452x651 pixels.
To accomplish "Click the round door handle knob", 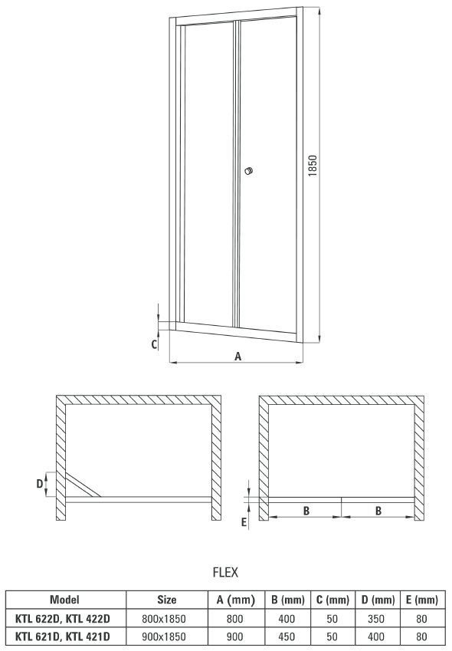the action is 248,171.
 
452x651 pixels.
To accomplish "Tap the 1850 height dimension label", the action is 313,166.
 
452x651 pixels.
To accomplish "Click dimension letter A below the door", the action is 237,357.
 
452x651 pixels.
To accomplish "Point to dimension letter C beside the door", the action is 154,344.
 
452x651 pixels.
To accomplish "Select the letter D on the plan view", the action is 39,484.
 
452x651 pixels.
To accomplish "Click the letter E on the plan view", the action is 244,522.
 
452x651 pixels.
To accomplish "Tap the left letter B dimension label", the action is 306,511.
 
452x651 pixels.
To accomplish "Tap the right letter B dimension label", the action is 378,511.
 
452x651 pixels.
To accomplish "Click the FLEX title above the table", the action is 225,573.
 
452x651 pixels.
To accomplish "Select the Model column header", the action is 64,600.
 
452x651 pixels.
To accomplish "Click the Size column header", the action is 167,600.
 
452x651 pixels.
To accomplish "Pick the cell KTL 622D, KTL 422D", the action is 63,619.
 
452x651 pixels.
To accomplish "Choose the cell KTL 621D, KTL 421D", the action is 63,636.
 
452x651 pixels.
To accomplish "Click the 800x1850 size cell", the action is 164,619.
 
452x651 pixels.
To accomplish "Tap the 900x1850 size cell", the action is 164,636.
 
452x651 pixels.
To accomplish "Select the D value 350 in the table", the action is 376,619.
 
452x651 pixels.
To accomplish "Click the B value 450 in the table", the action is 287,636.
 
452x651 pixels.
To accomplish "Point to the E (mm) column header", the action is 421,600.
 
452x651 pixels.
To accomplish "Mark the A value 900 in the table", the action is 234,636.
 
